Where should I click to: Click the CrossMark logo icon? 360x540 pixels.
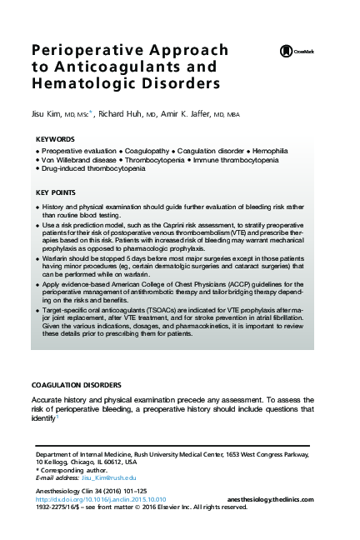[x=286, y=52]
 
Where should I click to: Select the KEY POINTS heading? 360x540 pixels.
[x=58, y=192]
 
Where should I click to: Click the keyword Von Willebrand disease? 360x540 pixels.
[x=81, y=159]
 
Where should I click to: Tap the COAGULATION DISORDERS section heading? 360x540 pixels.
[x=76, y=385]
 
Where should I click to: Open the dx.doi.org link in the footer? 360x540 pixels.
[x=100, y=497]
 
